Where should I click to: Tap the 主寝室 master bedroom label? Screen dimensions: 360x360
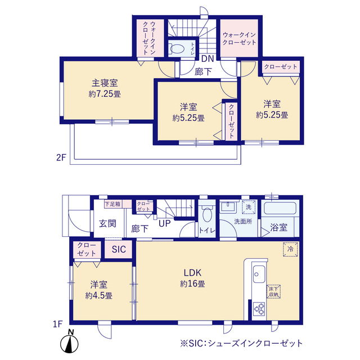pyautogui.click(x=105, y=83)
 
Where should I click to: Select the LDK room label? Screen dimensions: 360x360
pyautogui.click(x=192, y=272)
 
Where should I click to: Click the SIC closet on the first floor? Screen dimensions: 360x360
pyautogui.click(x=119, y=249)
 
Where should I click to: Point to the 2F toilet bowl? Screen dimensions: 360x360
pyautogui.click(x=177, y=48)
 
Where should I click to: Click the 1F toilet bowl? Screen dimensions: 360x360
pyautogui.click(x=207, y=214)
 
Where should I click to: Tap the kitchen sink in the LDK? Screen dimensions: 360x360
pyautogui.click(x=259, y=274)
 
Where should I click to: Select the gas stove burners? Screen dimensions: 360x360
pyautogui.click(x=259, y=309)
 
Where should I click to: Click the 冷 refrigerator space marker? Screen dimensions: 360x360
pyautogui.click(x=290, y=249)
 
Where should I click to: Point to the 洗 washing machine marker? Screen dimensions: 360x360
pyautogui.click(x=249, y=207)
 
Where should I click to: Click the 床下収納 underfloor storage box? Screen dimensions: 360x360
pyautogui.click(x=274, y=291)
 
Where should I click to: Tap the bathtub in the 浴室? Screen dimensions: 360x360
pyautogui.click(x=280, y=208)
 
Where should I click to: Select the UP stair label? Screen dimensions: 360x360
pyautogui.click(x=165, y=223)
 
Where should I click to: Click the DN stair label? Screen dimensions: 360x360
pyautogui.click(x=208, y=58)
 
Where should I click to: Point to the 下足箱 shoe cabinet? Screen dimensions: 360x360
pyautogui.click(x=112, y=204)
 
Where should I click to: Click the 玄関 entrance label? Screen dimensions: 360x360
pyautogui.click(x=107, y=223)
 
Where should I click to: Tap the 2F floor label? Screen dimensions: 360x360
pyautogui.click(x=61, y=157)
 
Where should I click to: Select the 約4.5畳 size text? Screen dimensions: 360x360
pyautogui.click(x=99, y=295)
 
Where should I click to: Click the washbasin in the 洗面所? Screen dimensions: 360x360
pyautogui.click(x=228, y=206)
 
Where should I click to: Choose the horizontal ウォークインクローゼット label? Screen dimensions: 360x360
pyautogui.click(x=239, y=39)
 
